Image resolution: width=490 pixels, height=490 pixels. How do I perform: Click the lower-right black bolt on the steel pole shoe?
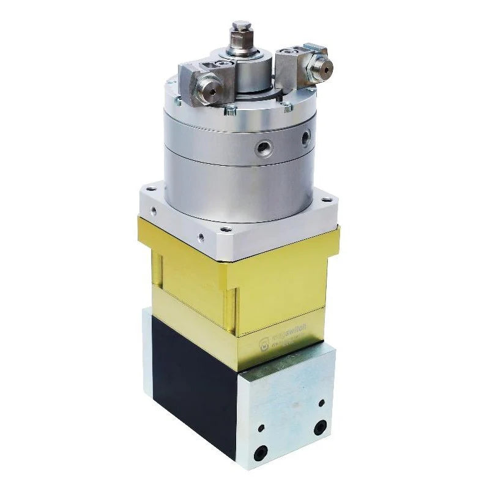pos(318,428)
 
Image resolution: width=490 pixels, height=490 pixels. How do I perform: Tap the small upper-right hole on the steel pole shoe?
pos(321,403)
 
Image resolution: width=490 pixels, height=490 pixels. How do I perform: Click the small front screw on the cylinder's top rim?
pos(229,111)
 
